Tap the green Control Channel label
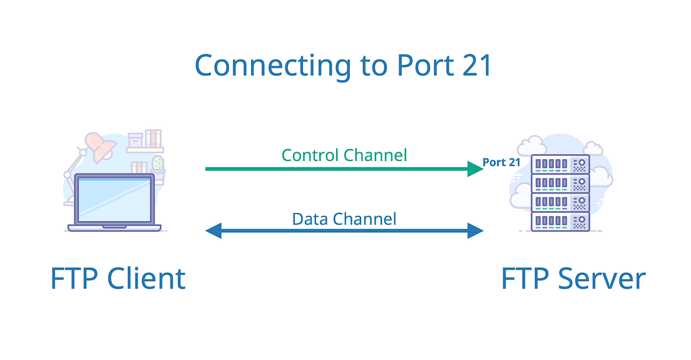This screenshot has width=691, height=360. point(344,155)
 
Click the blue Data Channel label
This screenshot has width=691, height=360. point(344,219)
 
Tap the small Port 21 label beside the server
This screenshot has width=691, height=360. point(501,162)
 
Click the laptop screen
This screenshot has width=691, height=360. point(114,198)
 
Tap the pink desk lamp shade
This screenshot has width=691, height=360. point(100,145)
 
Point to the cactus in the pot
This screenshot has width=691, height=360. point(158,164)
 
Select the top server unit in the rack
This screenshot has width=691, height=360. point(560,165)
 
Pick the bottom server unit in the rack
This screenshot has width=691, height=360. point(560,221)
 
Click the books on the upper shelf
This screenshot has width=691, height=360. point(153,138)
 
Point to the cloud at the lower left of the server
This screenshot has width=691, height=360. point(520,199)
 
